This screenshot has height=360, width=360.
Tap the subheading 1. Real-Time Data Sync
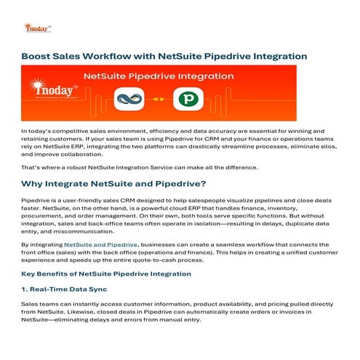pyautogui.click(x=69, y=289)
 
